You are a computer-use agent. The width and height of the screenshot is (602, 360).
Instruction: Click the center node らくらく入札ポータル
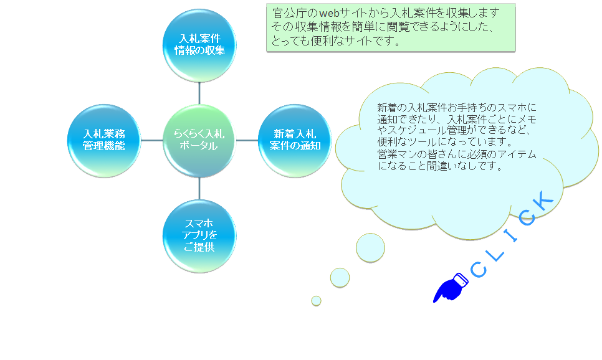pos(199,141)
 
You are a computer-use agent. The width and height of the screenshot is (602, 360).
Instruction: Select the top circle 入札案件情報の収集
pos(199,45)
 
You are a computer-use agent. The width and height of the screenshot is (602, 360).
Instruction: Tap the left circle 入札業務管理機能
pos(104,141)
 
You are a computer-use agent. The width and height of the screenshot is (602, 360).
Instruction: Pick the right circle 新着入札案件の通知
pos(295,141)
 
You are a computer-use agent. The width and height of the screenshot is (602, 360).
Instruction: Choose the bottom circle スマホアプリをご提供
pos(199,236)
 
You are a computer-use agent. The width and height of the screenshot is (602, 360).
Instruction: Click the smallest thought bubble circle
pos(316,301)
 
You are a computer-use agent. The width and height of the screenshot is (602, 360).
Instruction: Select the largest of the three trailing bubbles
pos(370,247)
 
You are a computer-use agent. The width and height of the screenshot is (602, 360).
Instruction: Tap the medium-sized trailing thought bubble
pos(340,277)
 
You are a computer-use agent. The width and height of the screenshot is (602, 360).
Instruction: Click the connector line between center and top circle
pos(199,93)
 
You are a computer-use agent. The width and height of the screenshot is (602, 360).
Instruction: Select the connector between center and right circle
pos(247,141)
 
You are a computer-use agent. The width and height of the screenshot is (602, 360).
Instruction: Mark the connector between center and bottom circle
pos(199,188)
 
